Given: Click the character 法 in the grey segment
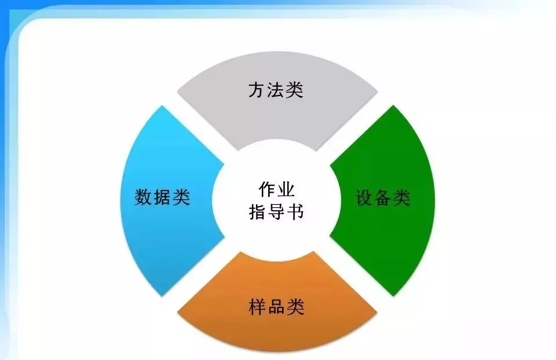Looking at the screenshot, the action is [x=276, y=90].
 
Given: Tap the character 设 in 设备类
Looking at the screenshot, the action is [x=364, y=198].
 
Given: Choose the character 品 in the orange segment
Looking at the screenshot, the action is [x=277, y=306].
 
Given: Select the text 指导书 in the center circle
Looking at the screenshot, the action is [x=276, y=211].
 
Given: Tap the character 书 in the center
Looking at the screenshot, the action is [x=295, y=211].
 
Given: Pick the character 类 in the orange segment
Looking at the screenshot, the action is [x=295, y=306].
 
